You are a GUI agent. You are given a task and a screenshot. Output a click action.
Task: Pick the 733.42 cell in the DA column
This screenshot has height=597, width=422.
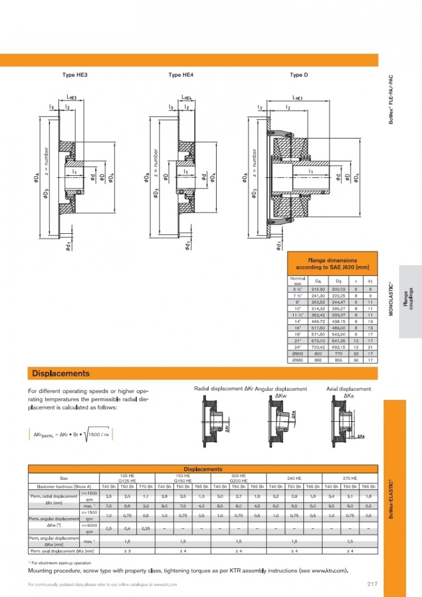[x=318, y=347]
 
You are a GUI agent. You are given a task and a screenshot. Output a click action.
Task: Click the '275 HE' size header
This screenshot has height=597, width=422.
[x=350, y=478]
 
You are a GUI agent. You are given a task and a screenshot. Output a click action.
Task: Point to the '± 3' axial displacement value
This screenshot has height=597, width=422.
[x=127, y=550]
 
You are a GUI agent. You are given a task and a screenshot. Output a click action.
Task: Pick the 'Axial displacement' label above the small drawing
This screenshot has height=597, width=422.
[x=349, y=389]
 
